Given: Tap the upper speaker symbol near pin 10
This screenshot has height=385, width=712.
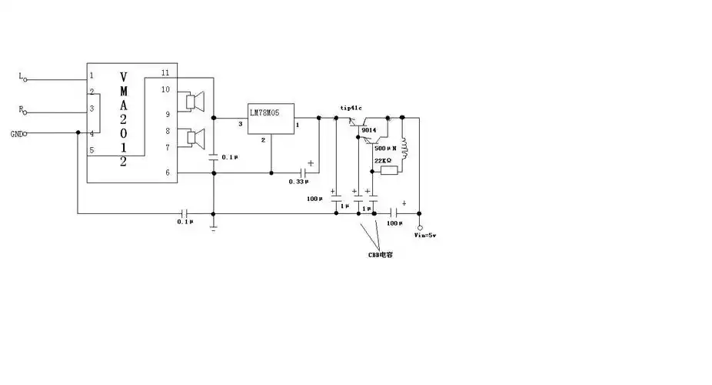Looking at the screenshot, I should tap(194, 101).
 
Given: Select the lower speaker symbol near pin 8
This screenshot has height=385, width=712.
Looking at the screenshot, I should tap(194, 138).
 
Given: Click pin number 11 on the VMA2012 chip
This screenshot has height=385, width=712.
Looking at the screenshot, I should tap(165, 72).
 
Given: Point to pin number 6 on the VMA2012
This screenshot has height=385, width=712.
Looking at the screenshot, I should tap(166, 172).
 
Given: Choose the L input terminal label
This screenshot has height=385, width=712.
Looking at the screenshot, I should tap(20, 75).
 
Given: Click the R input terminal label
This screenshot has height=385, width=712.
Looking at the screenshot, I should tap(20, 109).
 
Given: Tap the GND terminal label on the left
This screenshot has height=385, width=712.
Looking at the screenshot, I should tap(15, 134).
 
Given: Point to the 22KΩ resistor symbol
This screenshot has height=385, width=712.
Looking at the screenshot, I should tap(388, 170).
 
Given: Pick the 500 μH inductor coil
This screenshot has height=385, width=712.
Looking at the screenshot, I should tap(404, 150).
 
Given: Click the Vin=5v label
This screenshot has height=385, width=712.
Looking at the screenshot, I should tap(425, 235).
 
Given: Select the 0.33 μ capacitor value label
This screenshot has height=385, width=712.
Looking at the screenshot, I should tap(298, 182).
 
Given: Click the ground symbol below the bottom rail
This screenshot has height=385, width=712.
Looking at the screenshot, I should tap(213, 225).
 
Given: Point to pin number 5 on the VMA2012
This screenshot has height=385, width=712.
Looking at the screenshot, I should tap(91, 150).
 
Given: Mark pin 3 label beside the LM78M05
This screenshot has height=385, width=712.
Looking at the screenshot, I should tap(240, 124).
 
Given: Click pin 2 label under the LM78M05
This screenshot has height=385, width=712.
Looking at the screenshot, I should tap(263, 140).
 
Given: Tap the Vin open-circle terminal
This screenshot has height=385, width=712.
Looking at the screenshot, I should tap(420, 228).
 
